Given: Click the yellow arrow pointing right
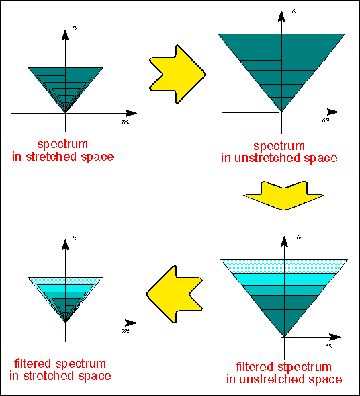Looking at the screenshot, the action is tap(177, 74).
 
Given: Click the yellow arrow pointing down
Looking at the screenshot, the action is tap(283, 195).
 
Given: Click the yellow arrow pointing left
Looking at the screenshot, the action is tap(175, 294).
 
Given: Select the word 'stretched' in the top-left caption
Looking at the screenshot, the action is tap(51, 157).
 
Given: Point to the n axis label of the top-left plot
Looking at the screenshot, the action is tap(74, 28).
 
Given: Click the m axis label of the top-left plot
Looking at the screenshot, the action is tap(126, 122).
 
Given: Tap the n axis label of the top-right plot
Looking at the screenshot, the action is tap(294, 11).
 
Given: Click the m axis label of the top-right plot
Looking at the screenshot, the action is tap(326, 120).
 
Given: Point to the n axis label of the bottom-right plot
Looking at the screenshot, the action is tap(299, 237).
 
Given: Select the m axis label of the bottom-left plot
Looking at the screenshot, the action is tap(126, 331).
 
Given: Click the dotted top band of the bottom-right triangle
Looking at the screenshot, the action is tap(284, 266).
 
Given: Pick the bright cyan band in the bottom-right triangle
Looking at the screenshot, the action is tap(284, 279).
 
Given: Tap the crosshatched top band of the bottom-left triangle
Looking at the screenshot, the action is tap(65, 281).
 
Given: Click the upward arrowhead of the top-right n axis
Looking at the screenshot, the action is tap(281, 16).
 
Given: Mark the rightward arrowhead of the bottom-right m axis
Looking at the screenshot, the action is tap(335, 337).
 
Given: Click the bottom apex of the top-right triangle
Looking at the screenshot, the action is tap(281, 112).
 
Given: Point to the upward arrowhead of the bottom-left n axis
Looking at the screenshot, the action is tap(65, 245).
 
